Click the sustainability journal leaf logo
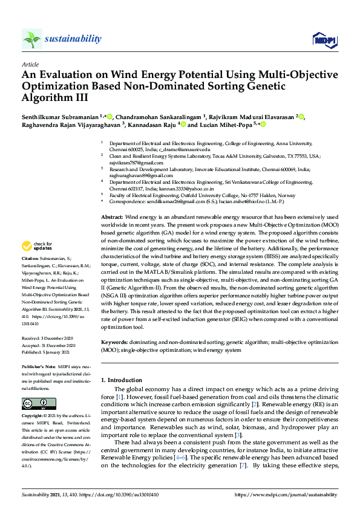(x=32, y=39)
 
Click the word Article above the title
(x=30, y=64)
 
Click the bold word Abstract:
(x=112, y=216)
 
